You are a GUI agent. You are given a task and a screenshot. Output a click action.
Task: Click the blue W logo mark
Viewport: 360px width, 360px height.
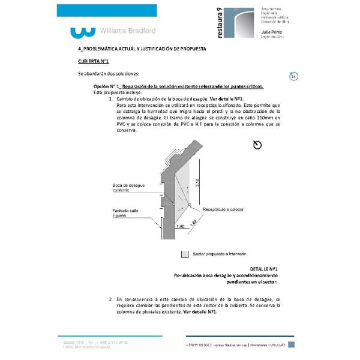[x=82, y=31]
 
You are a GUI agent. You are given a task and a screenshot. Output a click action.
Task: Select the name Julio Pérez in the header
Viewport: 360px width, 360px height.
[x=271, y=31]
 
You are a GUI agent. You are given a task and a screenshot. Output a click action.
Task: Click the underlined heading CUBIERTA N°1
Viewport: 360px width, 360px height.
[x=93, y=61]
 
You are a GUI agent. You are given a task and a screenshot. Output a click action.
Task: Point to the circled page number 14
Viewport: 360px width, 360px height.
[x=293, y=76]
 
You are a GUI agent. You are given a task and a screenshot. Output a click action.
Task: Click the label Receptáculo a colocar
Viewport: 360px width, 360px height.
[x=223, y=209]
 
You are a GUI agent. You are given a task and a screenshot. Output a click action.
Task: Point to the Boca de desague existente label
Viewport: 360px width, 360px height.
[x=128, y=188]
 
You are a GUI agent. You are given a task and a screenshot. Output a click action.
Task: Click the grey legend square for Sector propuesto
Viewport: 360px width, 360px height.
[x=185, y=254]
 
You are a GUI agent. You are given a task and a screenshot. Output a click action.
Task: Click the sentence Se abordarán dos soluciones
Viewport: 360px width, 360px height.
[x=108, y=74]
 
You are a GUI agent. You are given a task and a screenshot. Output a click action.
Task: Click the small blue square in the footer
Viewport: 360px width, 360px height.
[x=291, y=344]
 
